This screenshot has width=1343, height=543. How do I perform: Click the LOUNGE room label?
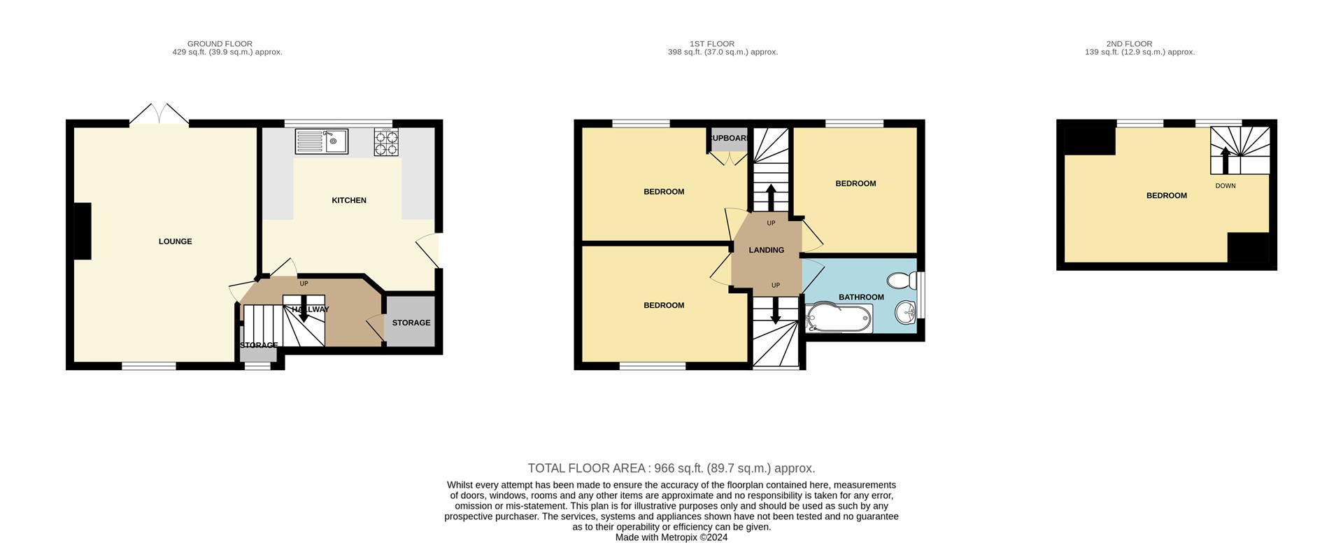pos(175,241)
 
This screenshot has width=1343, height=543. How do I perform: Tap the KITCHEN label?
pos(349,200)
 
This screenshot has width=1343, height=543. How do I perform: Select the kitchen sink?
pos(322,142)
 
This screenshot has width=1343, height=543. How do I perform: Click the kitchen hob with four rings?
pos(386,142)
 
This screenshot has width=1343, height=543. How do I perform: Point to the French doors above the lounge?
pos(159,115)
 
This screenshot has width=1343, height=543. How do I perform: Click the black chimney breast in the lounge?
pos(83,231)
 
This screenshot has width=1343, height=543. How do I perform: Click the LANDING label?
pos(767,250)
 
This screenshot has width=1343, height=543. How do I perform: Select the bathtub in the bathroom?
pos(839,318)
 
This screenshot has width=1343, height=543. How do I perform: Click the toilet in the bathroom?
pos(902,281)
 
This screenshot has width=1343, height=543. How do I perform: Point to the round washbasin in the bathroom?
pos(906,312)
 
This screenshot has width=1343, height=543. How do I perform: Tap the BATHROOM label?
pos(861,297)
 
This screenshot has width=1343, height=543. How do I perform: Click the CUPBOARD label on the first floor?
pos(729,139)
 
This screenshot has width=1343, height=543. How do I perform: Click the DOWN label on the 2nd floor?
pos(1225,185)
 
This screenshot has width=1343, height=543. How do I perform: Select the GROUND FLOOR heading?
pos(220,43)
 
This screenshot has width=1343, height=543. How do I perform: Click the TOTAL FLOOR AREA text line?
pos(671,468)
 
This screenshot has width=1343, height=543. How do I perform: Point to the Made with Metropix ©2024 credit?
pos(671,537)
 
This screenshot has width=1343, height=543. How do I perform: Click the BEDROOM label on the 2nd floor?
pos(1167,195)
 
